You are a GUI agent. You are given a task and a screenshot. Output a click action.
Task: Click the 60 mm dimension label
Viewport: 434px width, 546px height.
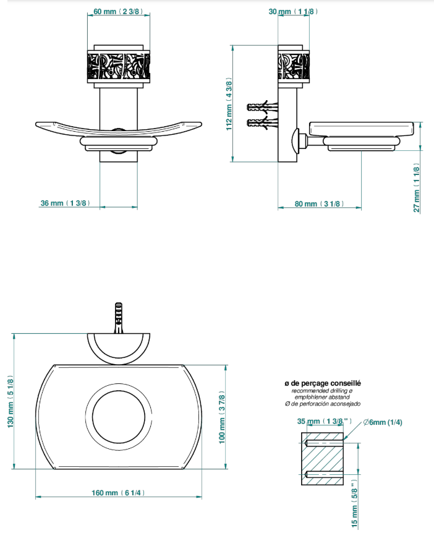(118, 12)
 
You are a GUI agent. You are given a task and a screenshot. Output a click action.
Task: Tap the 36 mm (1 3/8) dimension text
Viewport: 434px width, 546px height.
(65, 203)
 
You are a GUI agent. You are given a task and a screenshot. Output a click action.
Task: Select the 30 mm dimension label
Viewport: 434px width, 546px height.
(293, 12)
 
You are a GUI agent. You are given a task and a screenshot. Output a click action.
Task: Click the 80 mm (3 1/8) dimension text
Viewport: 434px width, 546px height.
(319, 203)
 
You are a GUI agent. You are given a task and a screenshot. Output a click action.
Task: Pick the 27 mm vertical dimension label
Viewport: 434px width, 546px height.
(417, 187)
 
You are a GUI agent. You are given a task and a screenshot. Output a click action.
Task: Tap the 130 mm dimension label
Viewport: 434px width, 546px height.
(11, 401)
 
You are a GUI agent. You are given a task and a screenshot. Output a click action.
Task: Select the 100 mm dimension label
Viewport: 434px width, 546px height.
(222, 417)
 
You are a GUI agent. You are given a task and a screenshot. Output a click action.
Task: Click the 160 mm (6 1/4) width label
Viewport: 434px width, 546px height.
(118, 493)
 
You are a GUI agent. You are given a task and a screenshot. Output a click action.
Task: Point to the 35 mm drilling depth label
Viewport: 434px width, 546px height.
(324, 421)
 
